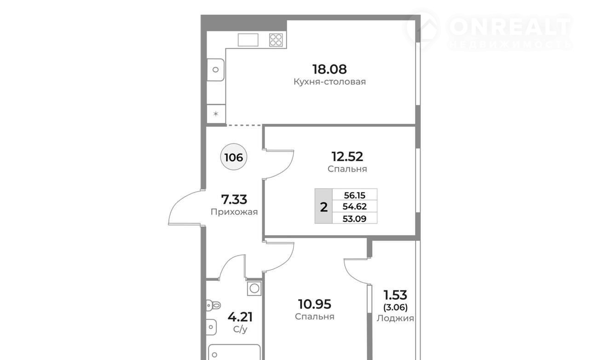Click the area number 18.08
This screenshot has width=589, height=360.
pyautogui.click(x=329, y=69)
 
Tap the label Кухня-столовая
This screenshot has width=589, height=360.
pyautogui.click(x=329, y=82)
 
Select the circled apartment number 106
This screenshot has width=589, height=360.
pyautogui.click(x=233, y=157)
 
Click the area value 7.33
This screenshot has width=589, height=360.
pyautogui.click(x=234, y=199)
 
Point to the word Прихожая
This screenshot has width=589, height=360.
pyautogui.click(x=234, y=212)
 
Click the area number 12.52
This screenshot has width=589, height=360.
pyautogui.click(x=347, y=157)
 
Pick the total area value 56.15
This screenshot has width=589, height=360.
pyautogui.click(x=355, y=195)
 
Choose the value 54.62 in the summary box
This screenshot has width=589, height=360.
pyautogui.click(x=355, y=207)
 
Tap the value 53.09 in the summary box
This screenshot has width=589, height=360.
pyautogui.click(x=355, y=219)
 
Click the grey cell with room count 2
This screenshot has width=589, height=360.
pyautogui.click(x=323, y=206)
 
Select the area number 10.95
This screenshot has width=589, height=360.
pyautogui.click(x=314, y=304)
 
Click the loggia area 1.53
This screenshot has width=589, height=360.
pyautogui.click(x=395, y=295)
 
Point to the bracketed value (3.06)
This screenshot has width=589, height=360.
pyautogui.click(x=395, y=307)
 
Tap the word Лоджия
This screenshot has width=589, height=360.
pyautogui.click(x=395, y=318)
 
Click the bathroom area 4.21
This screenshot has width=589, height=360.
pyautogui.click(x=240, y=317)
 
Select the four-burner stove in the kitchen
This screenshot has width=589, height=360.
pyautogui.click(x=276, y=40)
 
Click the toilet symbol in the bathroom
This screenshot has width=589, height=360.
pyautogui.click(x=213, y=306)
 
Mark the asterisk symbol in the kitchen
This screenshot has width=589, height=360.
pyautogui.click(x=216, y=114)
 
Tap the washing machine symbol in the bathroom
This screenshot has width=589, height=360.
pyautogui.click(x=254, y=288)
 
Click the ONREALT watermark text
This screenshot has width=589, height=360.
pyautogui.click(x=509, y=26)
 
